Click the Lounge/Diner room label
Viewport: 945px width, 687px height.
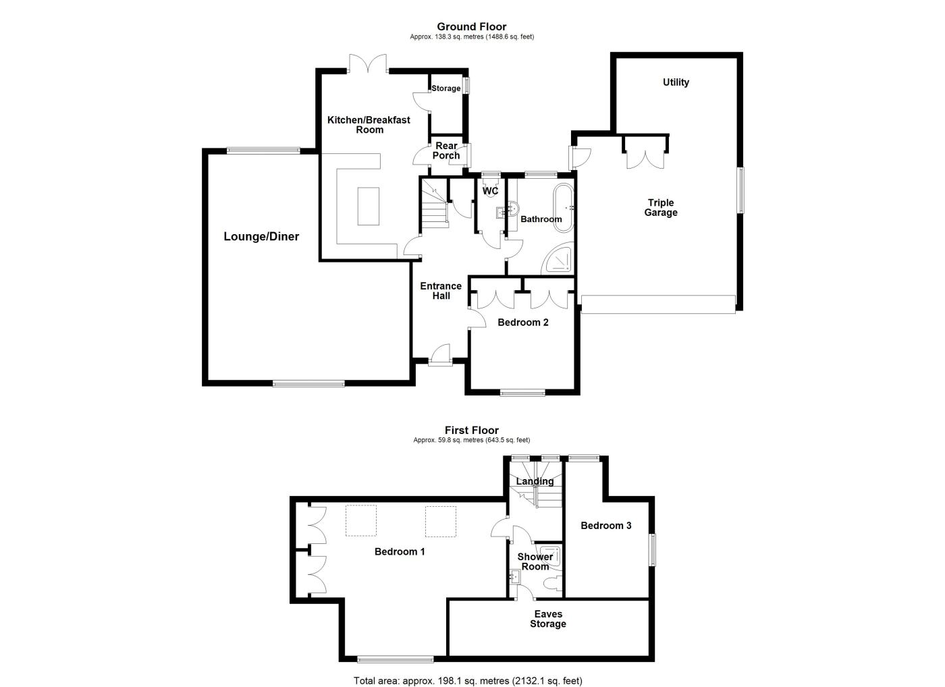261,236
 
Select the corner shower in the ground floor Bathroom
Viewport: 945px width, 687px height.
561,258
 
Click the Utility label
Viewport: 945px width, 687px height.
676,82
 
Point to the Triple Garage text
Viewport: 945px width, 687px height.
661,207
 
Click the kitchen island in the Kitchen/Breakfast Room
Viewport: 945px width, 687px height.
368,206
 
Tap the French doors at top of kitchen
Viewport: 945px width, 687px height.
369,64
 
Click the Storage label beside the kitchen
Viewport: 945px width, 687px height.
446,88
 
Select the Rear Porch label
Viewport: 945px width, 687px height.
446,150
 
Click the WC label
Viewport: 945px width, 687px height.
490,191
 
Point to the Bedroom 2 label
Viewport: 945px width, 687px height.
523,323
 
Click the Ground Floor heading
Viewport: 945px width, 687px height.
472,26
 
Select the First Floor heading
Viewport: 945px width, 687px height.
472,430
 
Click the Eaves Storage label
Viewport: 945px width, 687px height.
548,619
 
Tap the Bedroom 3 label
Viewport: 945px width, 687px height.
606,526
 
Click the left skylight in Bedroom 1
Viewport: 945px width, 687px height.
362,520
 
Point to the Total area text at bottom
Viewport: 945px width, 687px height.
468,680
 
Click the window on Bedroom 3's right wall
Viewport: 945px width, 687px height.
653,550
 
